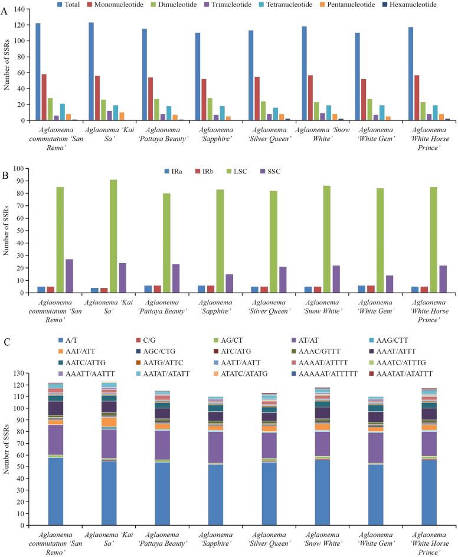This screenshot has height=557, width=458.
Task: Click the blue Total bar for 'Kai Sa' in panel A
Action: click(x=91, y=71)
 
